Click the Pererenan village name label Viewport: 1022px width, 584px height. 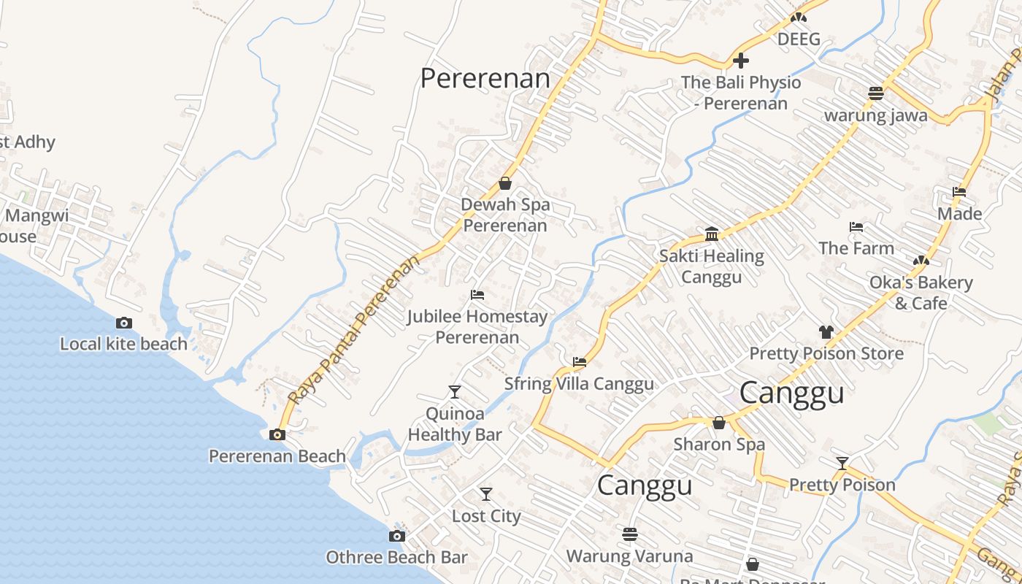click(x=485, y=78)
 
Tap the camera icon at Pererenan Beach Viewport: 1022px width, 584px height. click(x=277, y=435)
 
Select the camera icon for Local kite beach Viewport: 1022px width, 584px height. click(x=124, y=323)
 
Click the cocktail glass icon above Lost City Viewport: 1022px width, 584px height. click(x=486, y=494)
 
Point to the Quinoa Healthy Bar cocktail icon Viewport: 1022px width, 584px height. click(x=455, y=392)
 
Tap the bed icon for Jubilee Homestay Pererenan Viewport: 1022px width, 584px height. click(x=477, y=295)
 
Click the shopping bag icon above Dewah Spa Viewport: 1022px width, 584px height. click(x=505, y=183)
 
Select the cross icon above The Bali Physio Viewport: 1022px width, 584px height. click(x=741, y=61)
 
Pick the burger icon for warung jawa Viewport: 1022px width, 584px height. click(x=876, y=93)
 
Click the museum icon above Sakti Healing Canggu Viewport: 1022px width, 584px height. click(x=712, y=234)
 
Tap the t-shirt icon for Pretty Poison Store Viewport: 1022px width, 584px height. click(x=826, y=331)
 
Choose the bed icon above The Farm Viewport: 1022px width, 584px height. click(x=856, y=227)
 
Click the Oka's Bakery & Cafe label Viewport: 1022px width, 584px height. click(x=921, y=292)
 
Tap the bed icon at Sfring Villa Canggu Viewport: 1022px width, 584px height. click(x=580, y=361)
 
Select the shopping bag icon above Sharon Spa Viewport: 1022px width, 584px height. click(x=719, y=423)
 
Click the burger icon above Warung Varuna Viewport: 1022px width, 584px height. click(x=630, y=534)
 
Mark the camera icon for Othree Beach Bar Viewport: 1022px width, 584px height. click(x=396, y=537)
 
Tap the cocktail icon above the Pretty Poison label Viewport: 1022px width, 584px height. click(x=842, y=463)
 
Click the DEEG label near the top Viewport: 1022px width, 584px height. click(x=799, y=39)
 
